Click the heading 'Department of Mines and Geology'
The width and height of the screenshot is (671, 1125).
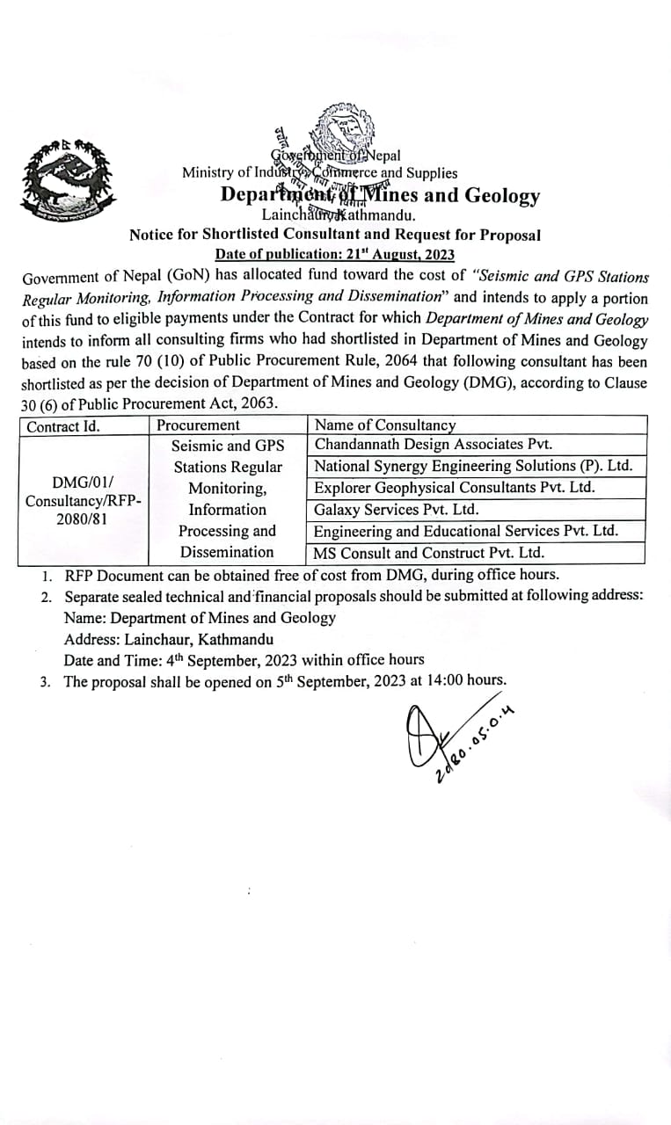(380, 194)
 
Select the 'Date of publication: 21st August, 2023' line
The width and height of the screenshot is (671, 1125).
(334, 254)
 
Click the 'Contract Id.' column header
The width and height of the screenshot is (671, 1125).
(63, 426)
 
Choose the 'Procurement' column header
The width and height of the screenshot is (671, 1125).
(198, 425)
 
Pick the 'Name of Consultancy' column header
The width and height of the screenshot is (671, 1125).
(385, 425)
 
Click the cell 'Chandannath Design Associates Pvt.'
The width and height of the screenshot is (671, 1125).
(433, 445)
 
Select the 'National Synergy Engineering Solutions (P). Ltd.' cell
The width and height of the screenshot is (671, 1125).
(473, 466)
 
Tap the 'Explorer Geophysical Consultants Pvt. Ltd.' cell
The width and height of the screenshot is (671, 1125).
(455, 487)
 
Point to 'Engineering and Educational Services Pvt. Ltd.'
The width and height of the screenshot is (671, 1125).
(466, 531)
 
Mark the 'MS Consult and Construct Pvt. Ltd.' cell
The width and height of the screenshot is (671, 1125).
(429, 553)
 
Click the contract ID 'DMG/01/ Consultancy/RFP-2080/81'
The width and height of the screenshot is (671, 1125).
(84, 500)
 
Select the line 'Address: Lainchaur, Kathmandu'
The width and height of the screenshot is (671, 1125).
(168, 639)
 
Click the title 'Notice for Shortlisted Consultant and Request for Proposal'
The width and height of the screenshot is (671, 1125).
(334, 235)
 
